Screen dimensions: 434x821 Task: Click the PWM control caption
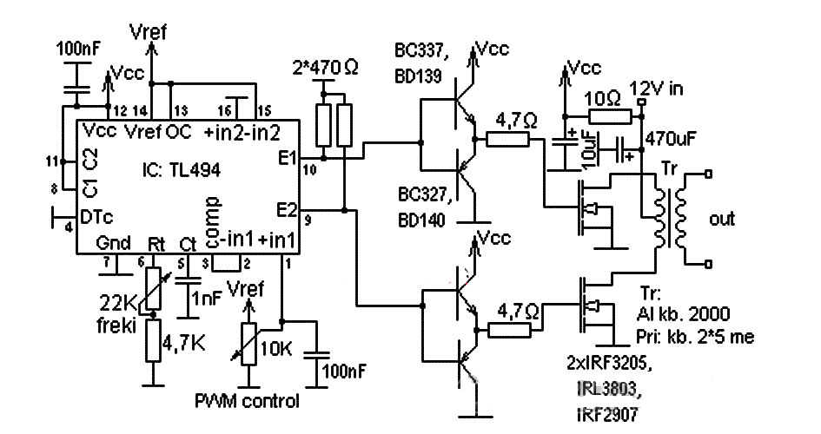(x=247, y=401)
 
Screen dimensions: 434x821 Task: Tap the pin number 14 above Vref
(x=138, y=109)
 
